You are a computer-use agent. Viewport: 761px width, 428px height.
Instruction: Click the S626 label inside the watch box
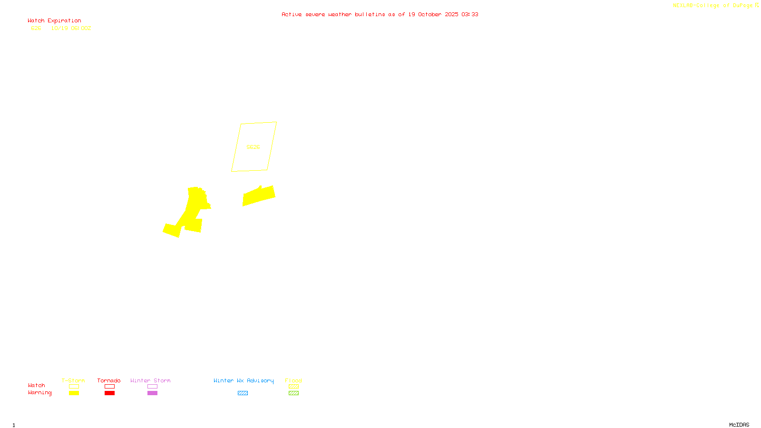pos(253,147)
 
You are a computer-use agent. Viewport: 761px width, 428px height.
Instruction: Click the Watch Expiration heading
pos(54,21)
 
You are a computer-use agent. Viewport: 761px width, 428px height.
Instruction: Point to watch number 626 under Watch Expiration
pos(36,29)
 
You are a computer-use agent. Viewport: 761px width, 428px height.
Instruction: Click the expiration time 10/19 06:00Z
pos(71,29)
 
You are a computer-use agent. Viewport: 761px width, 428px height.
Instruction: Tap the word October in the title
pos(429,15)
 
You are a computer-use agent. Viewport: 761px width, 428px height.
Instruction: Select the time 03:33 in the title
pos(469,15)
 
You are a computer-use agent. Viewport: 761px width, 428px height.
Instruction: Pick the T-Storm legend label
pos(73,380)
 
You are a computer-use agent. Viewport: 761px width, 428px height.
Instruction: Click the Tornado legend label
pos(109,380)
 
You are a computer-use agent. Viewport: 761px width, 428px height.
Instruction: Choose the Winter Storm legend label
pos(150,380)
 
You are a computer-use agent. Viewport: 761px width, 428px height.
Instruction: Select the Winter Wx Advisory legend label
pos(244,380)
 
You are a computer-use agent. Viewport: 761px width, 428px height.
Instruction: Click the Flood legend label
pos(293,380)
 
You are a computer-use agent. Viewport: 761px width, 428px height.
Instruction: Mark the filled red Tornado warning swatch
pos(109,393)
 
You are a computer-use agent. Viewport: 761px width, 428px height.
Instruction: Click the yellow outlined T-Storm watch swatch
pos(74,387)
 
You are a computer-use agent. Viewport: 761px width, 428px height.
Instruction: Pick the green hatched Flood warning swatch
pos(293,393)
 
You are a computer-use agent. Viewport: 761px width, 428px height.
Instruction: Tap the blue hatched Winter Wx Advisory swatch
pos(243,393)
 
